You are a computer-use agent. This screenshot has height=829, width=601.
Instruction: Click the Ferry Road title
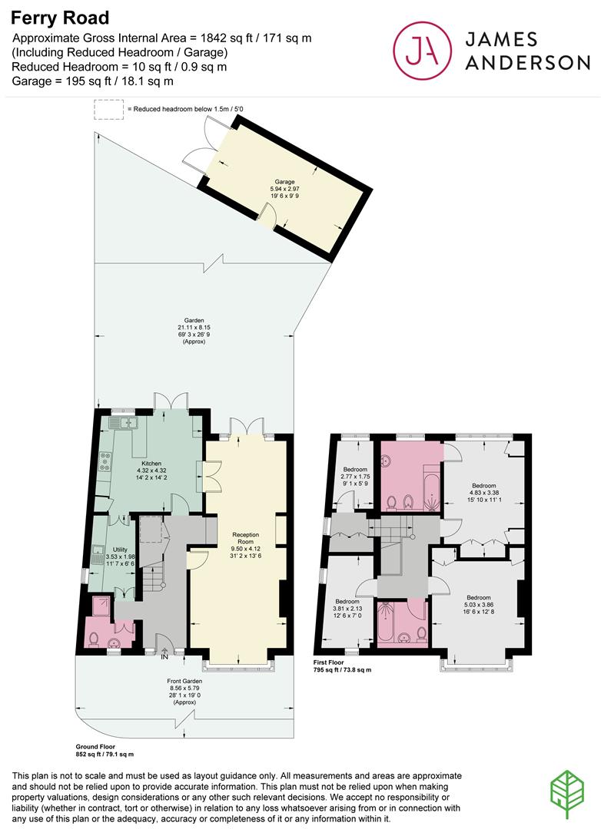tap(60, 18)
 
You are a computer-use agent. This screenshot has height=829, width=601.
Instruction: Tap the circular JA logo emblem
tap(422, 50)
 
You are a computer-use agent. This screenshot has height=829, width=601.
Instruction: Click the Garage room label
tap(284, 182)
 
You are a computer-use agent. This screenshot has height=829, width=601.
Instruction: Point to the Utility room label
tap(120, 550)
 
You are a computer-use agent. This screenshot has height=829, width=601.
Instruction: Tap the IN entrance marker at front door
tap(164, 657)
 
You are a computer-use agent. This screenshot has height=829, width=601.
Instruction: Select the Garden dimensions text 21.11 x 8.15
tap(194, 327)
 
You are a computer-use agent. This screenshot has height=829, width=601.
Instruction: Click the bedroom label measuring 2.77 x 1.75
tap(355, 470)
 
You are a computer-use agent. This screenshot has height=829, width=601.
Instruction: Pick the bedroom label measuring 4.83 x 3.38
tap(484, 486)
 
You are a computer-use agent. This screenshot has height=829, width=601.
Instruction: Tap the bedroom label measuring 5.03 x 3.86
tap(478, 598)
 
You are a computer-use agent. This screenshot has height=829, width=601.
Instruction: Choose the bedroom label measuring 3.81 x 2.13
tap(347, 602)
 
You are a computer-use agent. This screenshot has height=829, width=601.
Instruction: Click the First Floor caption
tap(328, 662)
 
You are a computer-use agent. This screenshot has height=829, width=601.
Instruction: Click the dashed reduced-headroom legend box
tap(108, 110)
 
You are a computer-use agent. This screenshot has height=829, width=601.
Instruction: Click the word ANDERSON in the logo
tap(527, 62)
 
